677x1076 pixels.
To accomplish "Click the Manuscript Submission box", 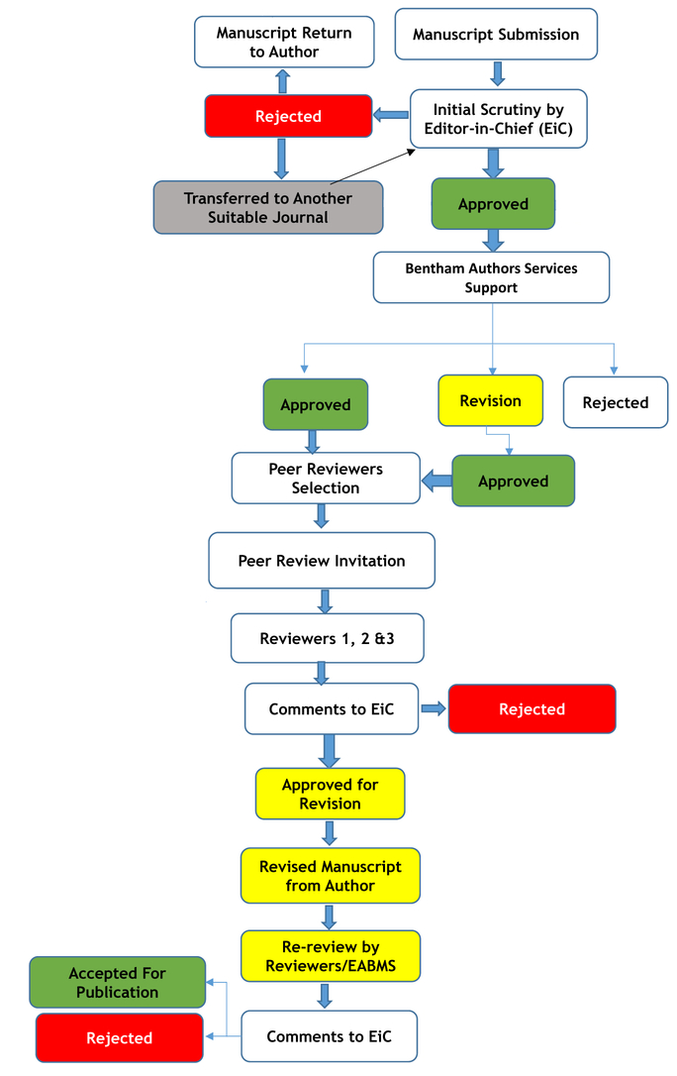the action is click(496, 35).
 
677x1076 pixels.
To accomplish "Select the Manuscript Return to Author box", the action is click(284, 42).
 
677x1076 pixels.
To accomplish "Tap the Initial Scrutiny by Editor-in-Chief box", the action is click(499, 119).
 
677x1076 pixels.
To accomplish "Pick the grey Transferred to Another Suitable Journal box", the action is click(268, 207).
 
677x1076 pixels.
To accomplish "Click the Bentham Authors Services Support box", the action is click(491, 277).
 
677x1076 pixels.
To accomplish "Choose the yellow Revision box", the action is click(491, 400).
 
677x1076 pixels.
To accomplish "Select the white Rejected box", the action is click(616, 402).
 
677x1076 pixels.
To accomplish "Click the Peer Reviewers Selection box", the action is click(326, 479).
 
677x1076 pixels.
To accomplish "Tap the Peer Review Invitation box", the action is click(322, 561).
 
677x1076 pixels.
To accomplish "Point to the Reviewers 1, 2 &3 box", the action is click(327, 638).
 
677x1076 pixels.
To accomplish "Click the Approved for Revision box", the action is click(331, 794).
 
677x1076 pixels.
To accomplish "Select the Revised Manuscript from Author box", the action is click(331, 876).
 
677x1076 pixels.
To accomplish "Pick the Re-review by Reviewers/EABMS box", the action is click(331, 956).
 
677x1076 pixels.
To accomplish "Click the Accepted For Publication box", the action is click(117, 982).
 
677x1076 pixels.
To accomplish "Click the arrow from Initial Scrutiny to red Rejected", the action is click(391, 115).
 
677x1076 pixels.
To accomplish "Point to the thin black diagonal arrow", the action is click(373, 166).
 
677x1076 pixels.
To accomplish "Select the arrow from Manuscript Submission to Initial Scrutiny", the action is click(498, 73).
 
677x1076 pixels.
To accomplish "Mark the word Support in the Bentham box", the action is click(491, 287).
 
